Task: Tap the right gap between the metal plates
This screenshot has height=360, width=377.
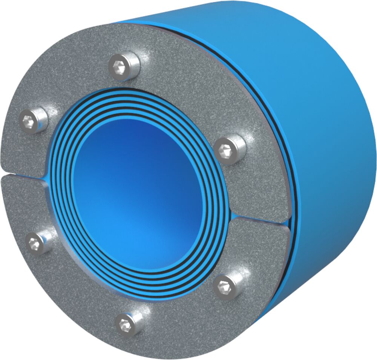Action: [260, 218]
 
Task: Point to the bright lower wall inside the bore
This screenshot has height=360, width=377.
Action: [151, 245]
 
